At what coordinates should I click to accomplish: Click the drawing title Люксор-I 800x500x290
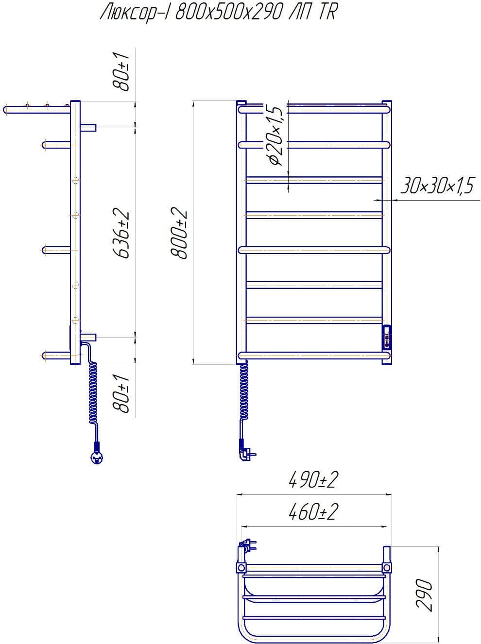coord(218,13)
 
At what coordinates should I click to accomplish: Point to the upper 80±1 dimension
coord(121,71)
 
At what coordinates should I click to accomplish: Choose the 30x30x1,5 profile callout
coord(436,186)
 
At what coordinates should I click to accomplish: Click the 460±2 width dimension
coord(313,512)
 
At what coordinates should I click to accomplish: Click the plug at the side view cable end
coord(96,456)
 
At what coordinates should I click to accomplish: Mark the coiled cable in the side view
coord(92,393)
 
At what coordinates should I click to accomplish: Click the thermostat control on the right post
coord(387,336)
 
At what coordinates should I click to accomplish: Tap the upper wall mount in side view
coord(88,127)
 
